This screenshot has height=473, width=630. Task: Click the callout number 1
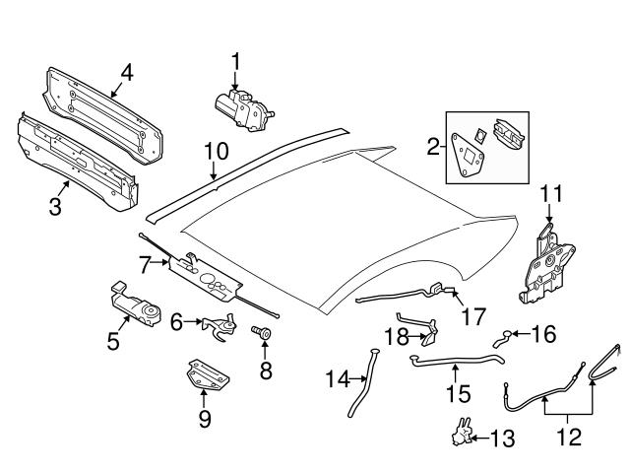236,62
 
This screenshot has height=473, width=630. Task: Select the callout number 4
127,71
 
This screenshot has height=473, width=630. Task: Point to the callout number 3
55,206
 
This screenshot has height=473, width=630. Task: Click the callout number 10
216,152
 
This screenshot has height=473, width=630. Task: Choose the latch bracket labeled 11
544,259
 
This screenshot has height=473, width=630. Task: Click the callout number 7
145,264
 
